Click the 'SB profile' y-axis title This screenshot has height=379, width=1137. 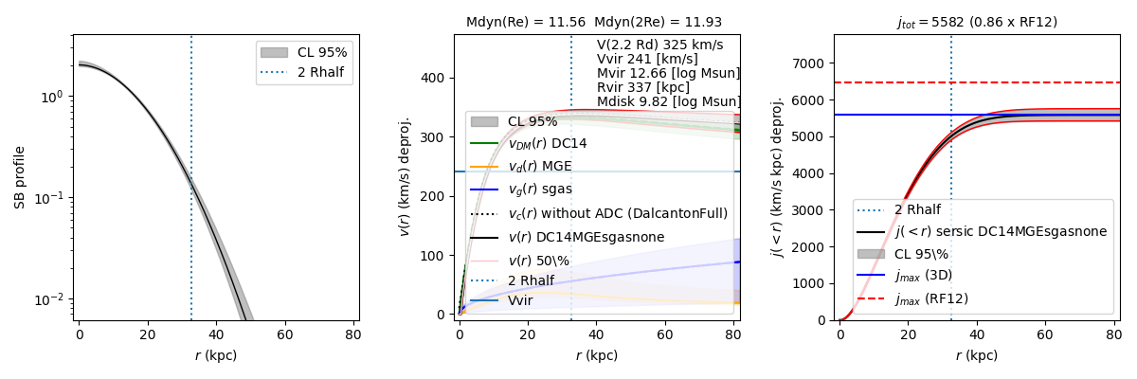[x=19, y=177]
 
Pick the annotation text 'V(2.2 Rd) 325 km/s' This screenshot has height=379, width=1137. [x=659, y=45]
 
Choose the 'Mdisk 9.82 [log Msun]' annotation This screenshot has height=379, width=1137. [x=669, y=101]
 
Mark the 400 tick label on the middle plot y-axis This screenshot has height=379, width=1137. [x=438, y=78]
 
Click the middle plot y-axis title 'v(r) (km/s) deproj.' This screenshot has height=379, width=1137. [x=406, y=177]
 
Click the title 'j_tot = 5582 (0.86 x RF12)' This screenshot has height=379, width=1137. [x=977, y=22]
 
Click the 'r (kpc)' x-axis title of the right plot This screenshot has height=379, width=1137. [x=977, y=355]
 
